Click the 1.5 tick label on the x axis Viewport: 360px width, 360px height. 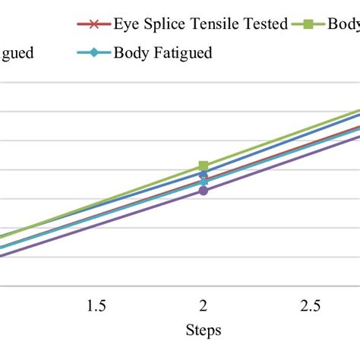click(x=96, y=306)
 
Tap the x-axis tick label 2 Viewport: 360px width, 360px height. click(x=204, y=306)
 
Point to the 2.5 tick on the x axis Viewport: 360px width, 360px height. click(x=310, y=306)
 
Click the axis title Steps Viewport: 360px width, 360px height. click(x=203, y=330)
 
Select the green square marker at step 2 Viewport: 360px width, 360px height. click(x=204, y=166)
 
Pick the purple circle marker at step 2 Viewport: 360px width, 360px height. click(x=204, y=191)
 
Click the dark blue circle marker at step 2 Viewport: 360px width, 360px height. click(x=204, y=175)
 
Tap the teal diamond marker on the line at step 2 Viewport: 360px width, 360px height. click(x=204, y=182)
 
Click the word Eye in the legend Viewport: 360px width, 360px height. click(x=126, y=24)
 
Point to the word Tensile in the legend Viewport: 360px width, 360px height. click(x=216, y=24)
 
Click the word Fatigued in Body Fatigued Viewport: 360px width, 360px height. click(x=179, y=53)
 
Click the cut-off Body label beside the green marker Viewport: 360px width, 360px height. click(x=343, y=24)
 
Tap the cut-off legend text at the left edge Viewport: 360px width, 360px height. click(x=16, y=55)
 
